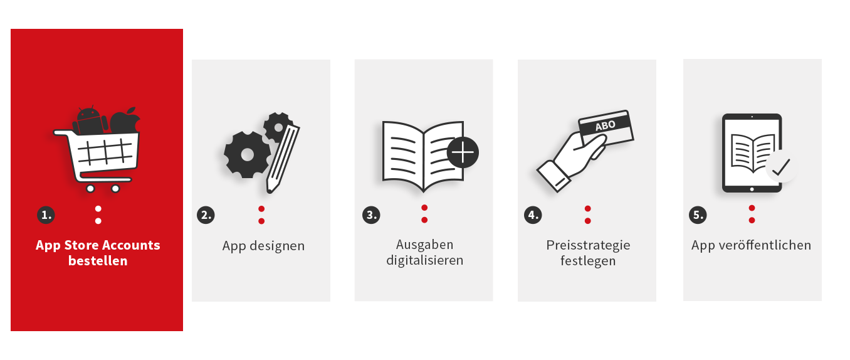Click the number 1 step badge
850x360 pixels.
click(x=46, y=215)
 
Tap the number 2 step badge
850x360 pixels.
click(x=206, y=215)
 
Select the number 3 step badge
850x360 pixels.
click(x=371, y=215)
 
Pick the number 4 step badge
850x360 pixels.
click(x=533, y=215)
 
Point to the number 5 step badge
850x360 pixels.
click(x=698, y=215)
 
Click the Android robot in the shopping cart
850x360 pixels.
click(x=90, y=120)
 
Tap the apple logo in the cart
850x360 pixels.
click(x=125, y=121)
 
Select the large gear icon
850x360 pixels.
click(x=248, y=154)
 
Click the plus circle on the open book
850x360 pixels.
click(x=463, y=152)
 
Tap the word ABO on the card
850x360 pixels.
click(x=606, y=125)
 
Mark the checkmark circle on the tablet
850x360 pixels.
click(x=781, y=167)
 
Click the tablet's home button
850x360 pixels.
click(x=752, y=189)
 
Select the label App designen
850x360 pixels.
click(x=263, y=246)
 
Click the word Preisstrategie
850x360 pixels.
click(x=588, y=245)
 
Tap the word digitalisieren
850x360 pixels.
click(x=424, y=260)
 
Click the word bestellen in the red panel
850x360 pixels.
click(x=98, y=261)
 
